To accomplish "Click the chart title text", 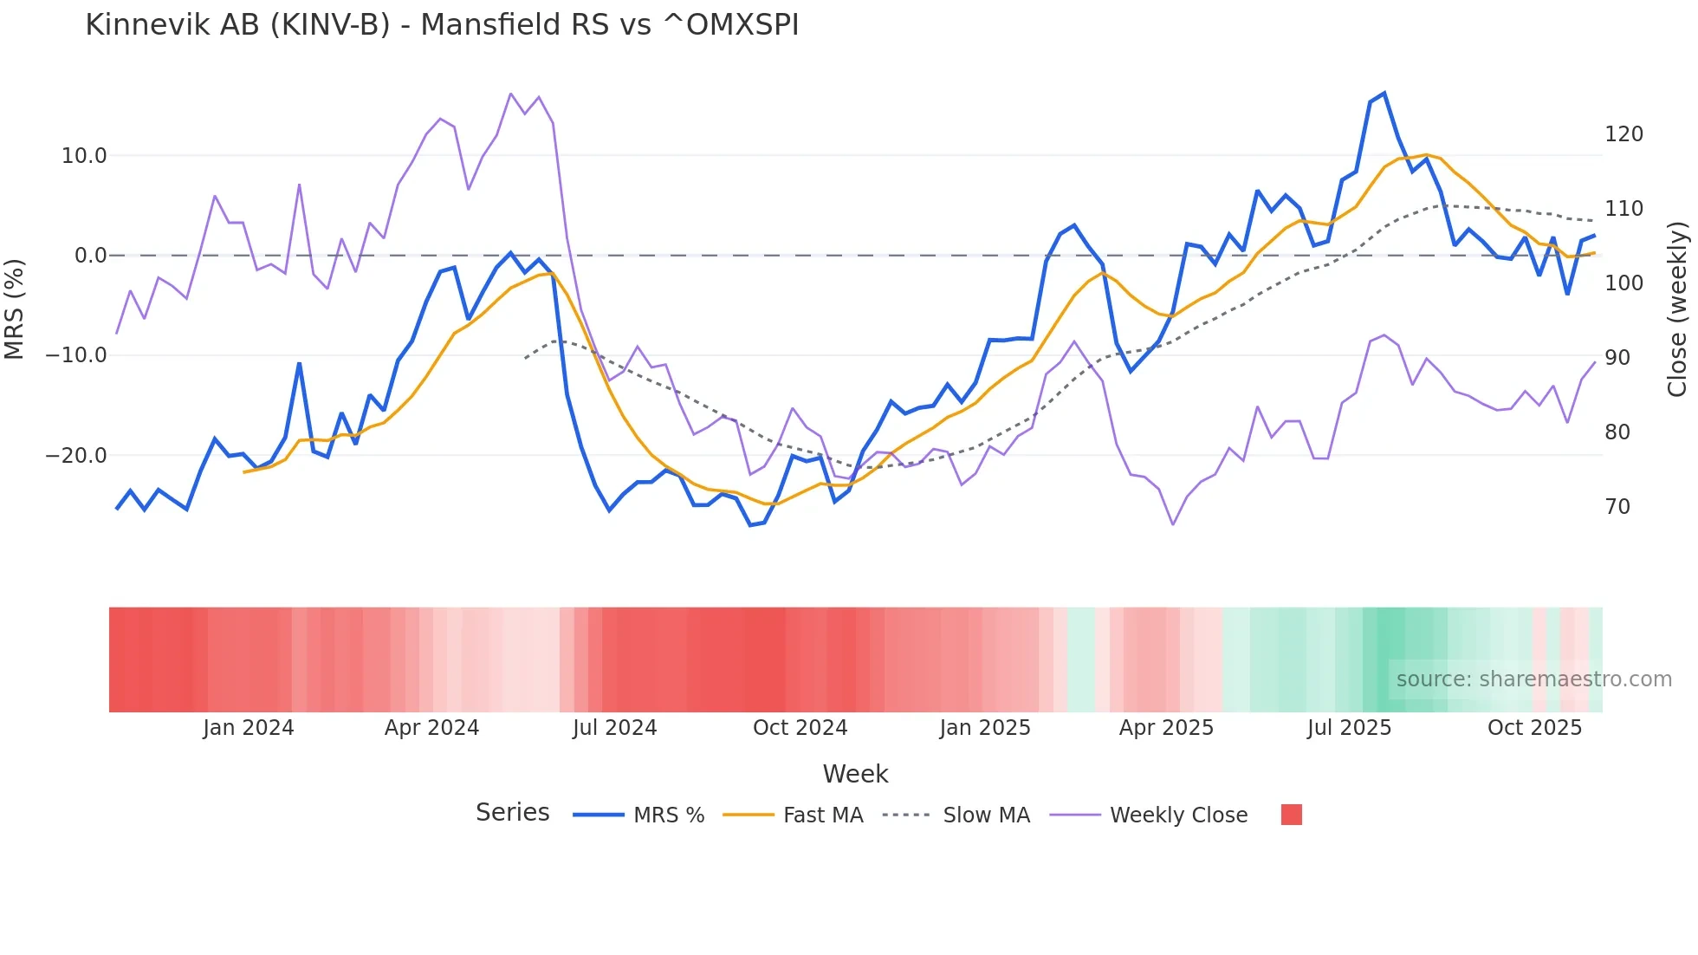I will (x=442, y=25).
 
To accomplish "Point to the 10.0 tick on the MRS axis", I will (x=83, y=156).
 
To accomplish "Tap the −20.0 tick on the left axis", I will (x=76, y=456).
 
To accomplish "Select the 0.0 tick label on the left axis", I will (x=90, y=256).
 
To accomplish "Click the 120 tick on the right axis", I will (x=1623, y=134).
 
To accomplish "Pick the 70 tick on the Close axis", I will (x=1617, y=507).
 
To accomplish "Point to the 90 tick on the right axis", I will (x=1617, y=358).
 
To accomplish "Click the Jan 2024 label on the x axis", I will (x=249, y=728).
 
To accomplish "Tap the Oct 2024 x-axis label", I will (x=800, y=728).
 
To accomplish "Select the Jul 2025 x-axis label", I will (x=1349, y=728).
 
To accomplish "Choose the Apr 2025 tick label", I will (x=1166, y=728).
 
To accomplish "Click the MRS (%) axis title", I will (x=15, y=309).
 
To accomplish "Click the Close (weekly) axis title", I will (x=1677, y=309).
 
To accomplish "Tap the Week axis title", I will (x=855, y=774).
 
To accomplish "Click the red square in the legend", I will (x=1291, y=815).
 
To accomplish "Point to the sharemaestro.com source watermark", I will (x=1533, y=679).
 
